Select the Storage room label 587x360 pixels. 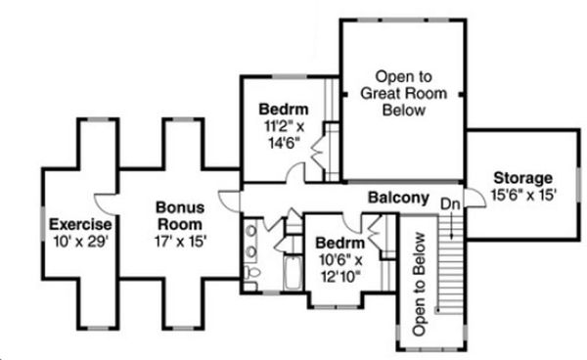coord(522,178)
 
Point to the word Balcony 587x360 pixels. coord(398,199)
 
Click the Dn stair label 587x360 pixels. coord(450,203)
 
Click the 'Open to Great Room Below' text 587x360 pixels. coord(402,94)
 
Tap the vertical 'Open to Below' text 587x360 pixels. coord(420,285)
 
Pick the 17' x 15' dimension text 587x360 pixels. coord(180,239)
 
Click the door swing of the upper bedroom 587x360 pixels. coord(295,174)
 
